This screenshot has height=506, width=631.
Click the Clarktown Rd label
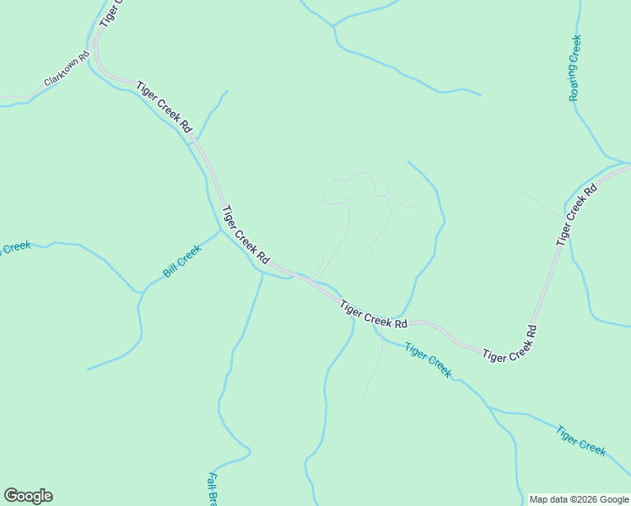click(67, 71)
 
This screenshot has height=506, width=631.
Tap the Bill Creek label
click(182, 261)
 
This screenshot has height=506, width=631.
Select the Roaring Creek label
click(576, 67)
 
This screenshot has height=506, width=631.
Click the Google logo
click(28, 496)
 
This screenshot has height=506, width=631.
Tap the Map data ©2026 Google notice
click(579, 499)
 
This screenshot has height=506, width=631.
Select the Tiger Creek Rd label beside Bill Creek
click(245, 233)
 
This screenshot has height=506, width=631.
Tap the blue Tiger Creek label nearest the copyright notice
click(580, 440)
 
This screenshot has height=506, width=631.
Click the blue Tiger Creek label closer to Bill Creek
click(428, 360)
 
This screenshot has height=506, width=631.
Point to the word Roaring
click(574, 83)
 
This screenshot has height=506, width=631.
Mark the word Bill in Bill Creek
click(169, 270)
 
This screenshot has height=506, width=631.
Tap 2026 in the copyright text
click(577, 499)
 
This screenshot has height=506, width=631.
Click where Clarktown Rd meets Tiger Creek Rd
click(94, 57)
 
